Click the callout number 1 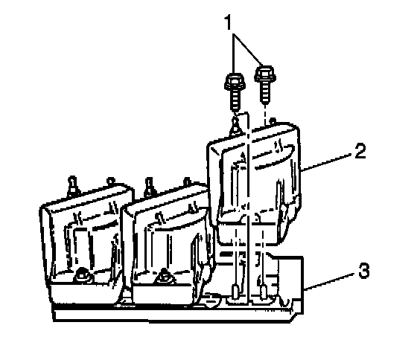(x=229, y=22)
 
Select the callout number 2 (x=360, y=151)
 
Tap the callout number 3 (x=364, y=271)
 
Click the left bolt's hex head (x=235, y=82)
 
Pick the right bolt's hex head (x=264, y=73)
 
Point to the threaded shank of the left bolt (x=235, y=100)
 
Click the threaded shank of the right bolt (x=265, y=91)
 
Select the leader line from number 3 (x=331, y=280)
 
